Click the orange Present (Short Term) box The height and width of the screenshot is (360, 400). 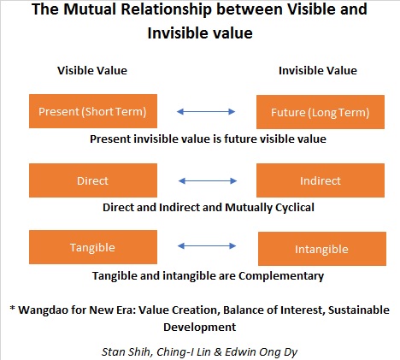point(93,111)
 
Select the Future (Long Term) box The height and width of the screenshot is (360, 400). point(321,112)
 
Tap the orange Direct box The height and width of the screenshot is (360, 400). point(93,180)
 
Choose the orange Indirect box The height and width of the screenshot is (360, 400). point(321,180)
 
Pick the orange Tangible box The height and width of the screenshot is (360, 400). point(93,247)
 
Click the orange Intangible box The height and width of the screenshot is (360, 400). point(322,249)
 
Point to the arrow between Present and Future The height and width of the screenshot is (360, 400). point(206,111)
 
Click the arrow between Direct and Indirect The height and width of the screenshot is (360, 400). point(208,180)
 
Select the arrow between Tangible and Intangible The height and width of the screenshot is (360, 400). point(207,245)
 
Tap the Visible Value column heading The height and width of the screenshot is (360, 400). point(92,70)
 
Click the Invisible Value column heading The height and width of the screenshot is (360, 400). point(318,70)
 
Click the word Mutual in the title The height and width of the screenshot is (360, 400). point(89,9)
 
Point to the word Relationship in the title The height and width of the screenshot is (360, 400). point(166,9)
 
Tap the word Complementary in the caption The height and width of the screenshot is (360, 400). point(281,276)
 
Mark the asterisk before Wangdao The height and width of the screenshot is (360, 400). point(12,308)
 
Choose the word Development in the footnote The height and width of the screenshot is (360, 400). point(200,328)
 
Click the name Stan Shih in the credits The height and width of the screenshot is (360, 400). point(126,352)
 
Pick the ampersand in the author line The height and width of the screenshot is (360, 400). point(217,352)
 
